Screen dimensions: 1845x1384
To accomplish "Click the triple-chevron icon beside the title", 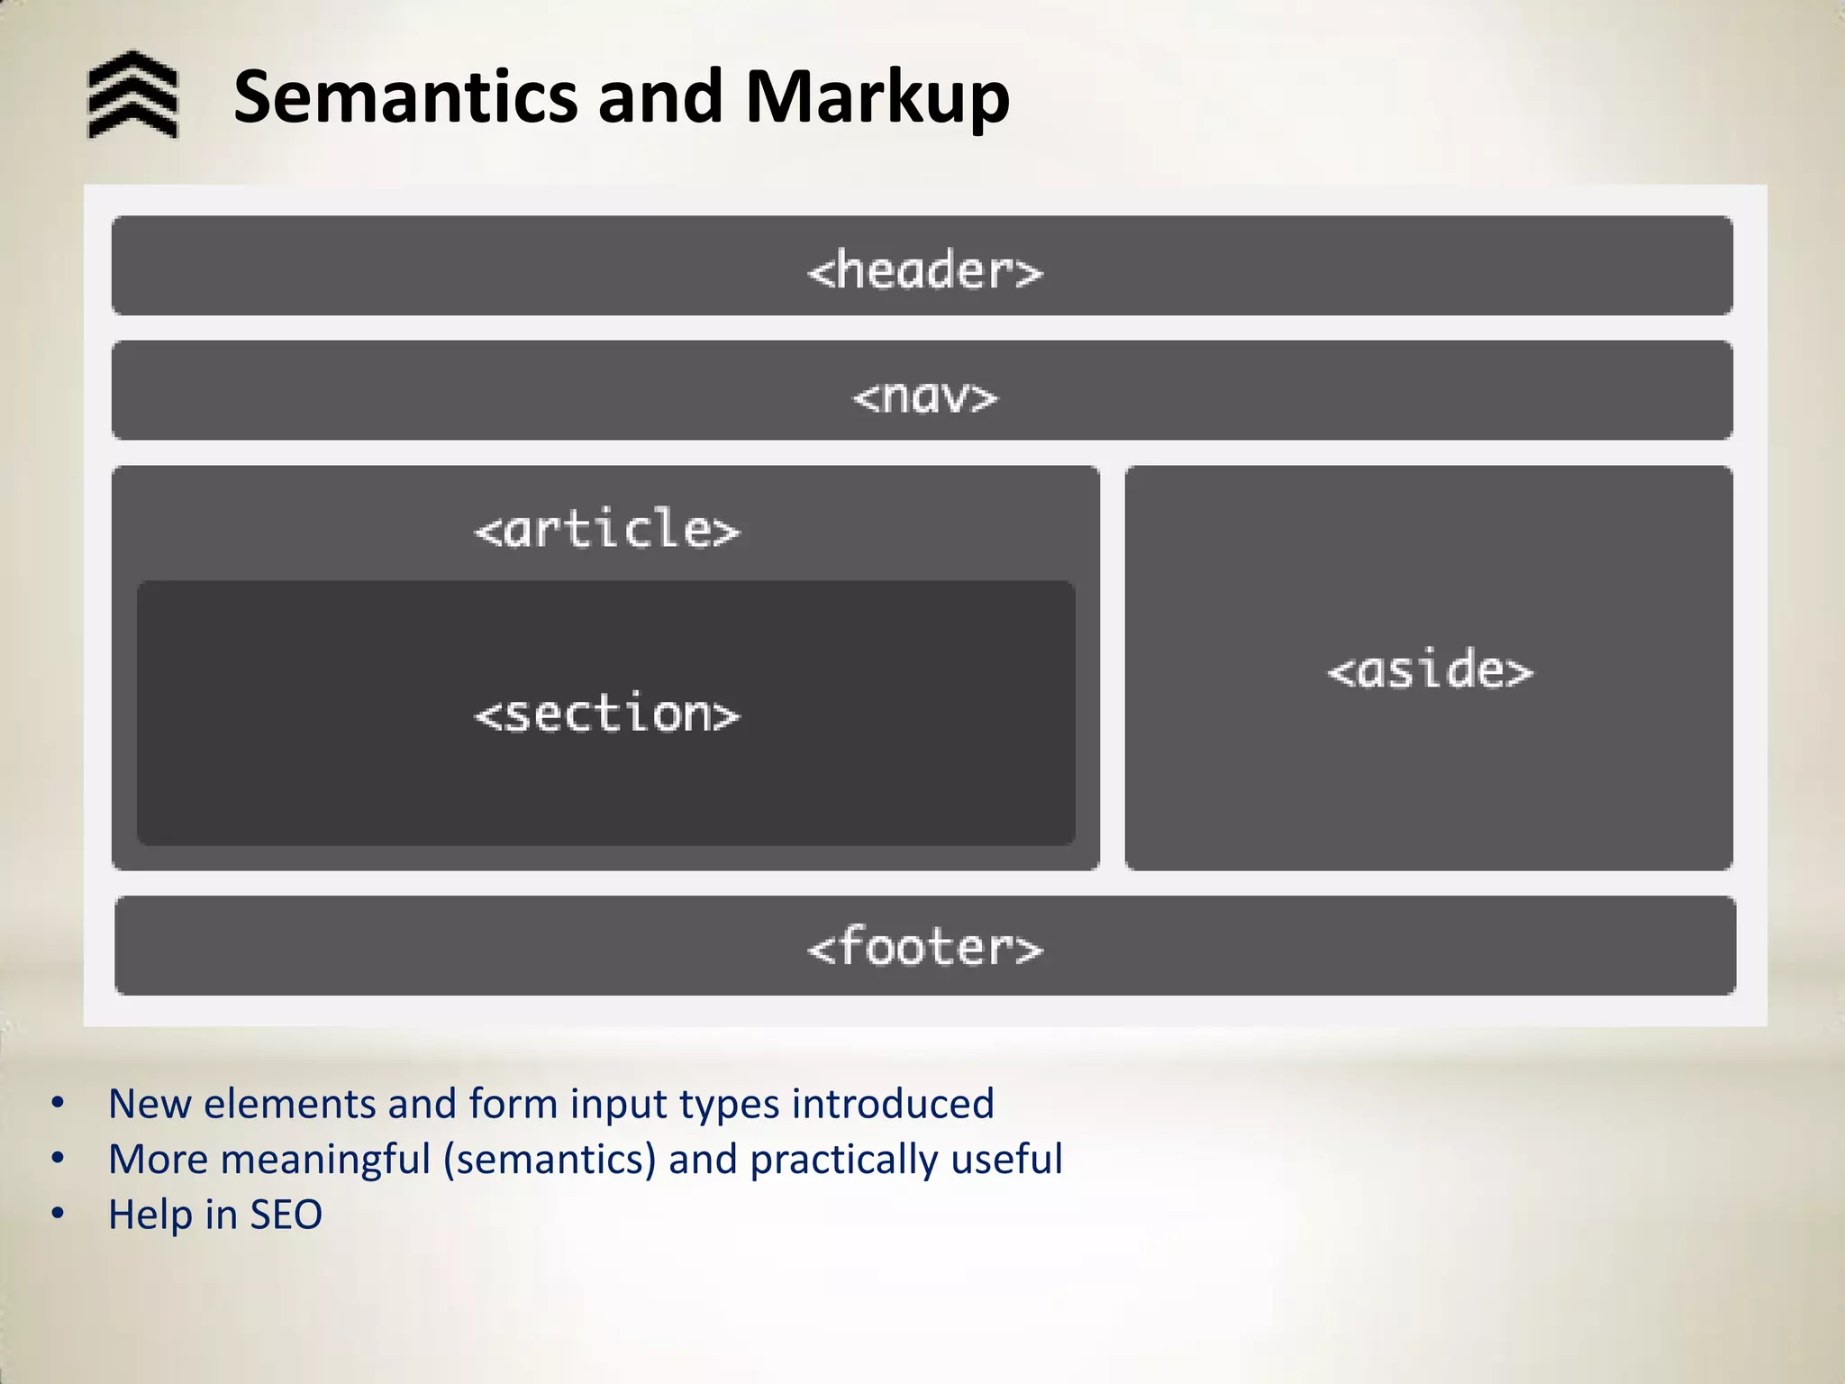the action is point(133,95).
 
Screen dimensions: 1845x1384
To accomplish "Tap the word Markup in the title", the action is point(877,96).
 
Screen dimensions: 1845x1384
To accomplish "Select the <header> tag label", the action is point(925,270).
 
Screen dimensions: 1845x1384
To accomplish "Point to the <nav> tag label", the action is point(925,396).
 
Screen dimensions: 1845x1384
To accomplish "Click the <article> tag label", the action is point(607,529).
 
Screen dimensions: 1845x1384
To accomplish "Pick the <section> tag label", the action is point(607,715).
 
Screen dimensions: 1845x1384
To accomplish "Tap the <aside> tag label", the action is point(1430,670).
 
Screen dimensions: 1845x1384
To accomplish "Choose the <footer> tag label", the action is point(925,948).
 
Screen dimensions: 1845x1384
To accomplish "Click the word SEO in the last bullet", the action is point(286,1215).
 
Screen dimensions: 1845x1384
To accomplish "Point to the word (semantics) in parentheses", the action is point(550,1160).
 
